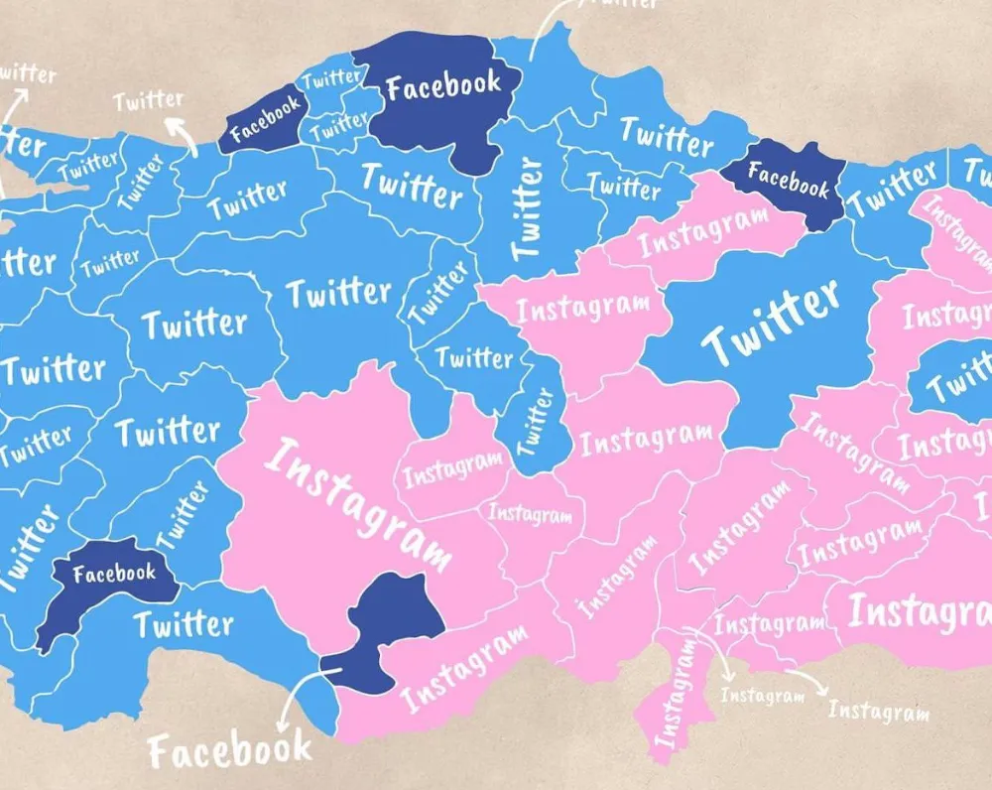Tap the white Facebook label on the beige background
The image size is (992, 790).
pyautogui.click(x=229, y=748)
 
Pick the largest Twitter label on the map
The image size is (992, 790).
pyautogui.click(x=772, y=320)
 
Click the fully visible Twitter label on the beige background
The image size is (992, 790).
pyautogui.click(x=148, y=99)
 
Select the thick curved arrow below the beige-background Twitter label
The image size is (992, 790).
pyautogui.click(x=179, y=132)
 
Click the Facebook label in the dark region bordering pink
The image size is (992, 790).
pyautogui.click(x=788, y=180)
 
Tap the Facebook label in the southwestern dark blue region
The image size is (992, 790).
pyautogui.click(x=114, y=574)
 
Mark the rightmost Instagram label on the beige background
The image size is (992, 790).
pyautogui.click(x=878, y=711)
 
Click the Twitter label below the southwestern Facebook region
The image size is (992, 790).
pyautogui.click(x=184, y=624)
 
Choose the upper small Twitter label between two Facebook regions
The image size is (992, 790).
pyautogui.click(x=332, y=77)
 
